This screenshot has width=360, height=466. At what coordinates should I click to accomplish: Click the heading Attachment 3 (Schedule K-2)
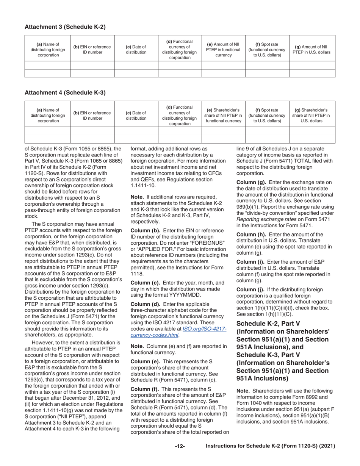65,27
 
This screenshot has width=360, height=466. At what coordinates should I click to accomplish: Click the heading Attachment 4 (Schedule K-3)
65,92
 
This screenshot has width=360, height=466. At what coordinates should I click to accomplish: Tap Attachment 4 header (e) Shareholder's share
223,116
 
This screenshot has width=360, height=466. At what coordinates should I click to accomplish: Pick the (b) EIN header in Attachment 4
92,116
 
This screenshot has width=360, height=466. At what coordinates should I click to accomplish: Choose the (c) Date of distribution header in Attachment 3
136,50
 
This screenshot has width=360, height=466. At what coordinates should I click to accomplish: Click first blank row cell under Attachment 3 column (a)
48,65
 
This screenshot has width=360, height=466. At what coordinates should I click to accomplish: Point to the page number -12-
180,446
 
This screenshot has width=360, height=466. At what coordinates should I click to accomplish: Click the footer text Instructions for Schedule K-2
270,446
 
